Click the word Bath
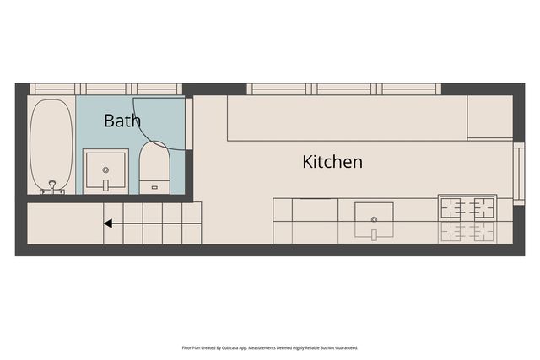coord(122,121)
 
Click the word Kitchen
coord(332,161)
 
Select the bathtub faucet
coord(52,187)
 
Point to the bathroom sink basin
coord(106,171)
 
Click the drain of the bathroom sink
coord(106,169)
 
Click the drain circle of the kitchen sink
coord(374,219)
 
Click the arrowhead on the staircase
coord(108,223)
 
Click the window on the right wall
coord(518,174)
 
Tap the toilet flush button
coord(154,185)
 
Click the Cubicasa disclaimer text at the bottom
coord(270,347)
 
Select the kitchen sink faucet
coord(374,234)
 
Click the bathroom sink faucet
coord(106,185)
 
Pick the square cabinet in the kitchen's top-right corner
coord(489,117)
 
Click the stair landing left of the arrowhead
coord(63,223)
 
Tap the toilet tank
coord(154,186)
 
